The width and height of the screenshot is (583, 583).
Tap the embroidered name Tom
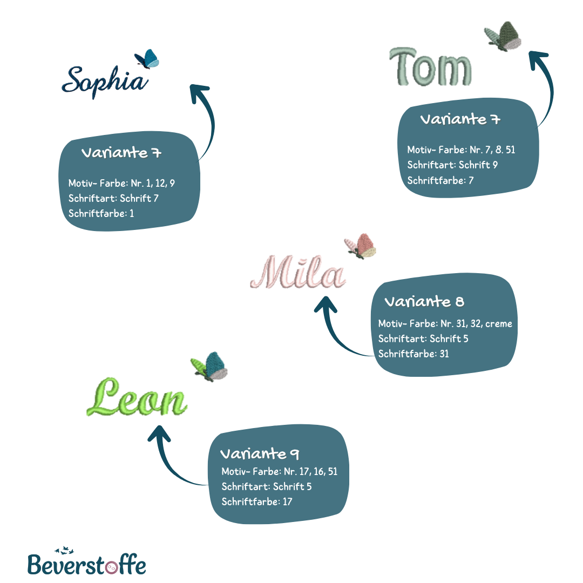pyautogui.click(x=431, y=67)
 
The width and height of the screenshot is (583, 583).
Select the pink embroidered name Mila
pyautogui.click(x=298, y=272)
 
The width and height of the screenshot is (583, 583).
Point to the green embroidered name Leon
pyautogui.click(x=137, y=397)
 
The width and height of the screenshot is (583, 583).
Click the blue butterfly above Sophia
pyautogui.click(x=147, y=59)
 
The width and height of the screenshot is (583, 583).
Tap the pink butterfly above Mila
pyautogui.click(x=360, y=246)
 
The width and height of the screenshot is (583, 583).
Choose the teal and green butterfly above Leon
pyautogui.click(x=209, y=366)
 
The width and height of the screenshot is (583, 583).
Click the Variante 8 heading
pyautogui.click(x=424, y=302)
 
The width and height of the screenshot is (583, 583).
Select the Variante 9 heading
pyautogui.click(x=260, y=454)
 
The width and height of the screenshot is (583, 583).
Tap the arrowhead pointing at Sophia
pyautogui.click(x=199, y=93)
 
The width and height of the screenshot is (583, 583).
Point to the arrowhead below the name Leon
pyautogui.click(x=159, y=433)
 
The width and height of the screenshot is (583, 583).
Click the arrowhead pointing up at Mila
pyautogui.click(x=326, y=304)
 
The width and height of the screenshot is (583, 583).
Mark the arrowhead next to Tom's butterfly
pyautogui.click(x=538, y=59)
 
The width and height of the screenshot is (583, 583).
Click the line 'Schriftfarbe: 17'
pyautogui.click(x=257, y=501)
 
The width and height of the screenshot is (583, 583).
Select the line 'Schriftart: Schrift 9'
pyautogui.click(x=452, y=165)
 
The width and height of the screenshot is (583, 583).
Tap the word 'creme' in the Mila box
pyautogui.click(x=499, y=324)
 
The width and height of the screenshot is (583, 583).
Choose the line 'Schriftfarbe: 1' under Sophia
pyautogui.click(x=101, y=213)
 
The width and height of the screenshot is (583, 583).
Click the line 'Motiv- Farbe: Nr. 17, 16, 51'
pyautogui.click(x=280, y=471)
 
